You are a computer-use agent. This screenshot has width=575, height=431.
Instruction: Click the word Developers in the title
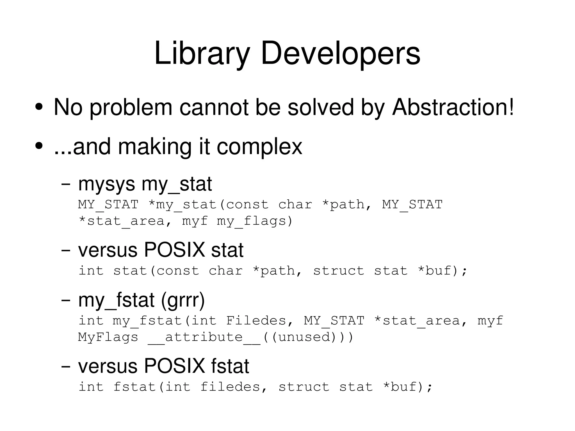point(340,53)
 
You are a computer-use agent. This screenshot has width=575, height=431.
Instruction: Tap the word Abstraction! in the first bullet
point(453,107)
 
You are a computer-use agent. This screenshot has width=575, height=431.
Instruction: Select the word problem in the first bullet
point(131,108)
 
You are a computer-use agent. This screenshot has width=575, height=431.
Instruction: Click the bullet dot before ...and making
point(39,146)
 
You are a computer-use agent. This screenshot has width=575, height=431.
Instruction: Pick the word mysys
point(106,185)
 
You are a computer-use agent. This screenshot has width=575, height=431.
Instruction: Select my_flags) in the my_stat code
point(255,221)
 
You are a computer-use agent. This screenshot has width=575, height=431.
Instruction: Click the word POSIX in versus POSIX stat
point(174,250)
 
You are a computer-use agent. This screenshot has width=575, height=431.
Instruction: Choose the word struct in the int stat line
point(339,271)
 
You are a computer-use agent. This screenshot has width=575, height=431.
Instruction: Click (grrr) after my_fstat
point(183,300)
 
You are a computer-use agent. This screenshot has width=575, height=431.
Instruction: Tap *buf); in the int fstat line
point(408,387)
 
